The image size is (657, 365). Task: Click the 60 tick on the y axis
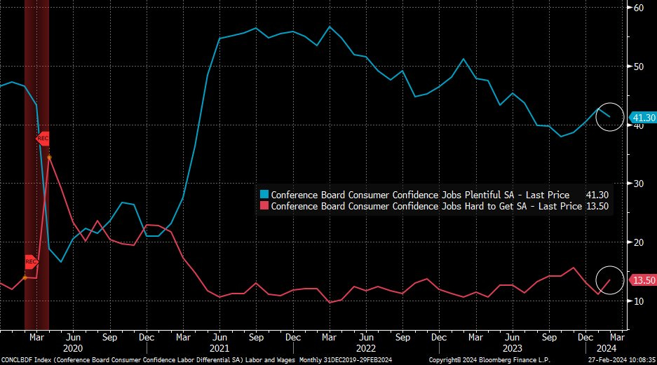point(639,8)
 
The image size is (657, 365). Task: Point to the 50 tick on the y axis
point(639,67)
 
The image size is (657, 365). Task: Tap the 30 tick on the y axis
point(639,184)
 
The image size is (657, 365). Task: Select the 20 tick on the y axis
point(639,242)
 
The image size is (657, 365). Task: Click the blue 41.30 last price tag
point(642,118)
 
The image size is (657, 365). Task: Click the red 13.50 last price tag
point(642,280)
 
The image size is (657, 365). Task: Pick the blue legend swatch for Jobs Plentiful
point(264,194)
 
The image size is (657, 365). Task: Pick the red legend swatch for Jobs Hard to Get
point(264,206)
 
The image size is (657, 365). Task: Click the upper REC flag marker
point(42,138)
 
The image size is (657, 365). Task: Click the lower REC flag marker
point(31,262)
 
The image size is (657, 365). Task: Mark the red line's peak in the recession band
point(48,157)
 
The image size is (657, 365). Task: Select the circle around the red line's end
point(609,280)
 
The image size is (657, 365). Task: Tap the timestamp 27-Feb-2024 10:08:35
point(620,359)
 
